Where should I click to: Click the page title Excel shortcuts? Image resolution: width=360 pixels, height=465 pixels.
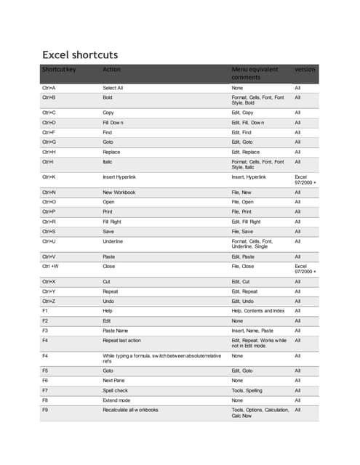[80, 54]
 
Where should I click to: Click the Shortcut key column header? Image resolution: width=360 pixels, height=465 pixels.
[59, 70]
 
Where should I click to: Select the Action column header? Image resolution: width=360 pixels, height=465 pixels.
[111, 70]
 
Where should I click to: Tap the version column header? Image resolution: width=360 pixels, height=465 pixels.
[305, 70]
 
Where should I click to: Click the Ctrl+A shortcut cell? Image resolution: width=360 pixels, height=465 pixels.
[49, 87]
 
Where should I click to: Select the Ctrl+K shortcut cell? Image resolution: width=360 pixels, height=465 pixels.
[49, 177]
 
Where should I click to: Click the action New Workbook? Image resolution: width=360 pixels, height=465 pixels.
[119, 193]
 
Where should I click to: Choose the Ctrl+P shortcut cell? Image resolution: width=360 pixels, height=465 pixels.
[49, 211]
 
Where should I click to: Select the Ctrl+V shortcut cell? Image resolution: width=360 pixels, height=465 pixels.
[49, 256]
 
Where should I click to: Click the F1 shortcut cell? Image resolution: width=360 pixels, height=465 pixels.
[45, 310]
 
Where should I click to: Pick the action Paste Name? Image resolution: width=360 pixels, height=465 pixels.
[118, 330]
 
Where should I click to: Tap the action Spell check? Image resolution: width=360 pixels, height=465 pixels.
[116, 390]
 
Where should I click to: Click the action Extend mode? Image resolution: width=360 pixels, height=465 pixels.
[118, 400]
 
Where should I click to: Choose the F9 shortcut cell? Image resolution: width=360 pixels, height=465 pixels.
[45, 410]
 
